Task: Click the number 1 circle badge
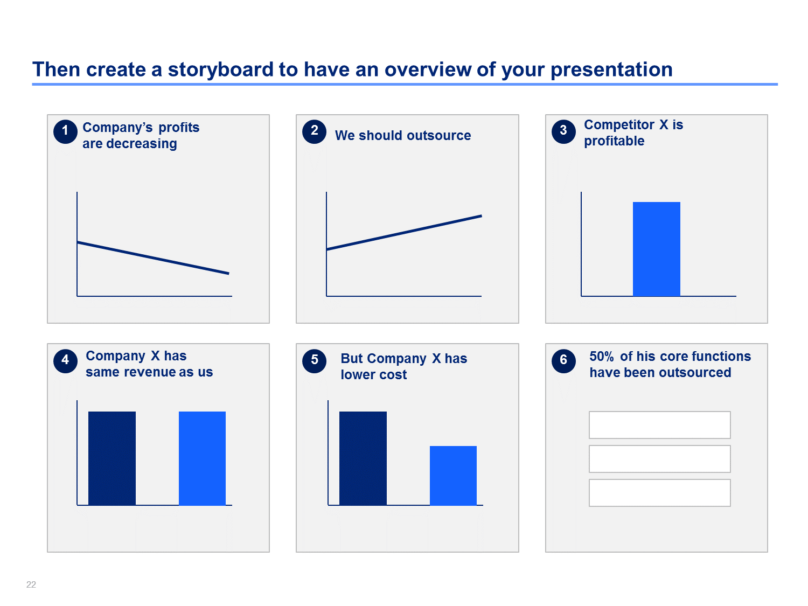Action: click(x=65, y=131)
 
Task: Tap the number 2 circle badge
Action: click(x=314, y=131)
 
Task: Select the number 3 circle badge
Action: click(x=563, y=131)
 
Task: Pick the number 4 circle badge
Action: click(x=65, y=360)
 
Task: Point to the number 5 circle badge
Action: click(x=314, y=360)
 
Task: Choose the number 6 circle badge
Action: click(x=563, y=360)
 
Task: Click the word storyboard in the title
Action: click(x=220, y=70)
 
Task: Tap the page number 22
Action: click(x=31, y=584)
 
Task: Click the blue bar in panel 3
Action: click(x=656, y=249)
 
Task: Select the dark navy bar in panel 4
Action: click(x=112, y=458)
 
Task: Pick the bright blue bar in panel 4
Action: click(x=202, y=458)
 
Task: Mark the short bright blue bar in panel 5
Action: click(x=453, y=476)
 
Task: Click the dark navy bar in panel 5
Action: click(x=363, y=458)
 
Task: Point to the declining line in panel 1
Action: click(x=153, y=257)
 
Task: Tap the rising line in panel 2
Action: click(x=404, y=233)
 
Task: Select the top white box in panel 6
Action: click(x=660, y=425)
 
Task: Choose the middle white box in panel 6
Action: click(x=660, y=459)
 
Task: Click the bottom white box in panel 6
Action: click(x=660, y=493)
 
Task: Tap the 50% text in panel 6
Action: click(x=602, y=356)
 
